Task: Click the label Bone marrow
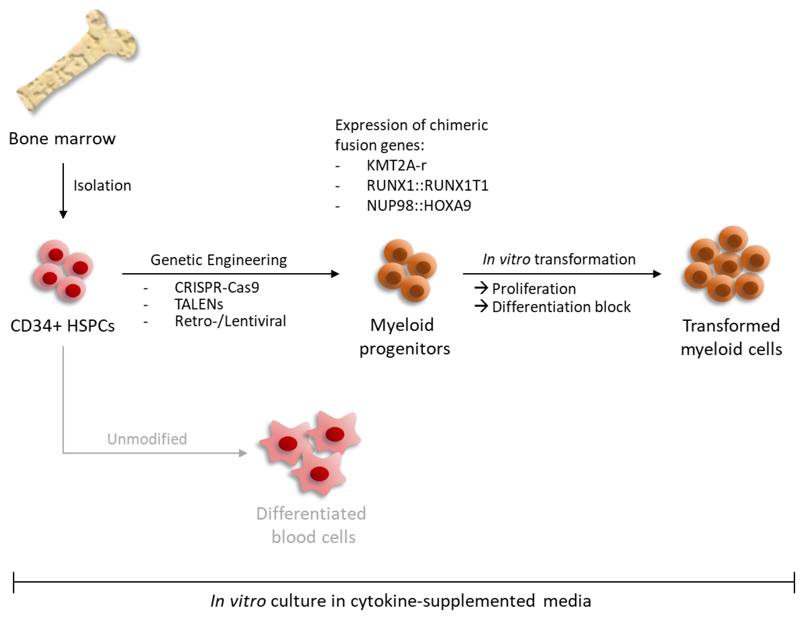pyautogui.click(x=62, y=139)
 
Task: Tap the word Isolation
pyautogui.click(x=102, y=185)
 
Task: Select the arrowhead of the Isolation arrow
pyautogui.click(x=63, y=215)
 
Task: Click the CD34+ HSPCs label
pyautogui.click(x=62, y=326)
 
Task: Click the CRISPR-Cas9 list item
pyautogui.click(x=217, y=287)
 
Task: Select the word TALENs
pyautogui.click(x=198, y=304)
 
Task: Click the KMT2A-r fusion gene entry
pyautogui.click(x=396, y=165)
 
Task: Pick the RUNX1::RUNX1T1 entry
pyautogui.click(x=427, y=185)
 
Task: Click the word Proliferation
pyautogui.click(x=534, y=289)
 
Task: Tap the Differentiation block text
pyautogui.click(x=561, y=307)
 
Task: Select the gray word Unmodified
pyautogui.click(x=147, y=439)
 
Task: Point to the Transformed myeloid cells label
pyautogui.click(x=731, y=337)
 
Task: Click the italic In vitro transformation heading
pyautogui.click(x=559, y=259)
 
